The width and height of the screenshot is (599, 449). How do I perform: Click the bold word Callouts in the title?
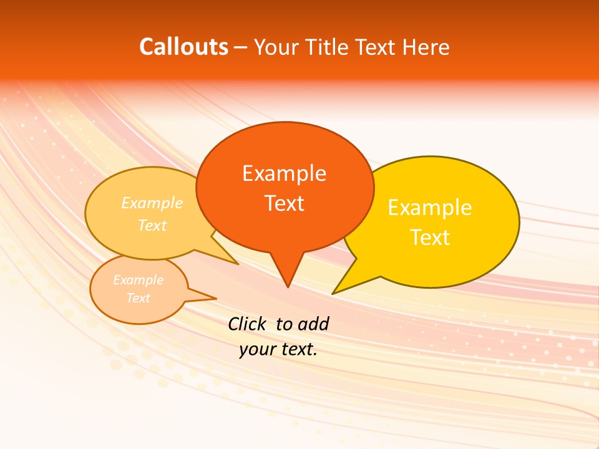[x=183, y=47]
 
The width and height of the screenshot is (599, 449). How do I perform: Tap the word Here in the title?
[x=426, y=47]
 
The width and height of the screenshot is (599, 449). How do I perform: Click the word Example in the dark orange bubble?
[x=284, y=173]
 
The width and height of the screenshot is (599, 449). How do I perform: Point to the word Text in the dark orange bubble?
[x=285, y=203]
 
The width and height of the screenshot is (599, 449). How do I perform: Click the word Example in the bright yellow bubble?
[x=430, y=208]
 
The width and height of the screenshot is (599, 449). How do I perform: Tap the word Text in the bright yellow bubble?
[x=430, y=238]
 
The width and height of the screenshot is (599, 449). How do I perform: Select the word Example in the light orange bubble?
[x=152, y=203]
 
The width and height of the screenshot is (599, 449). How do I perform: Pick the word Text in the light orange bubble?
[x=152, y=225]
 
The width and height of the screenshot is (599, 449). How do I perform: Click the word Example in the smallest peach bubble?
[x=138, y=280]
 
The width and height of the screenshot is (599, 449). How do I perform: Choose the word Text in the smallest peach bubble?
[x=138, y=298]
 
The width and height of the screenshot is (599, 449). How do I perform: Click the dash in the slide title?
[x=241, y=47]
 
